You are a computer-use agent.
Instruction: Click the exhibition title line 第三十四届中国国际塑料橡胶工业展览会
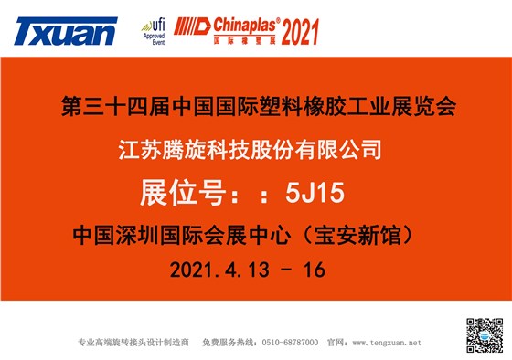(x=257, y=106)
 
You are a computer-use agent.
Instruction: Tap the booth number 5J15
(x=317, y=192)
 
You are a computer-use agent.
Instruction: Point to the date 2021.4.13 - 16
(x=247, y=271)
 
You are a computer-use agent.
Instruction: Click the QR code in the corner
(x=485, y=335)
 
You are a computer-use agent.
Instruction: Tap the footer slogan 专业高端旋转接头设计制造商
(x=133, y=343)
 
